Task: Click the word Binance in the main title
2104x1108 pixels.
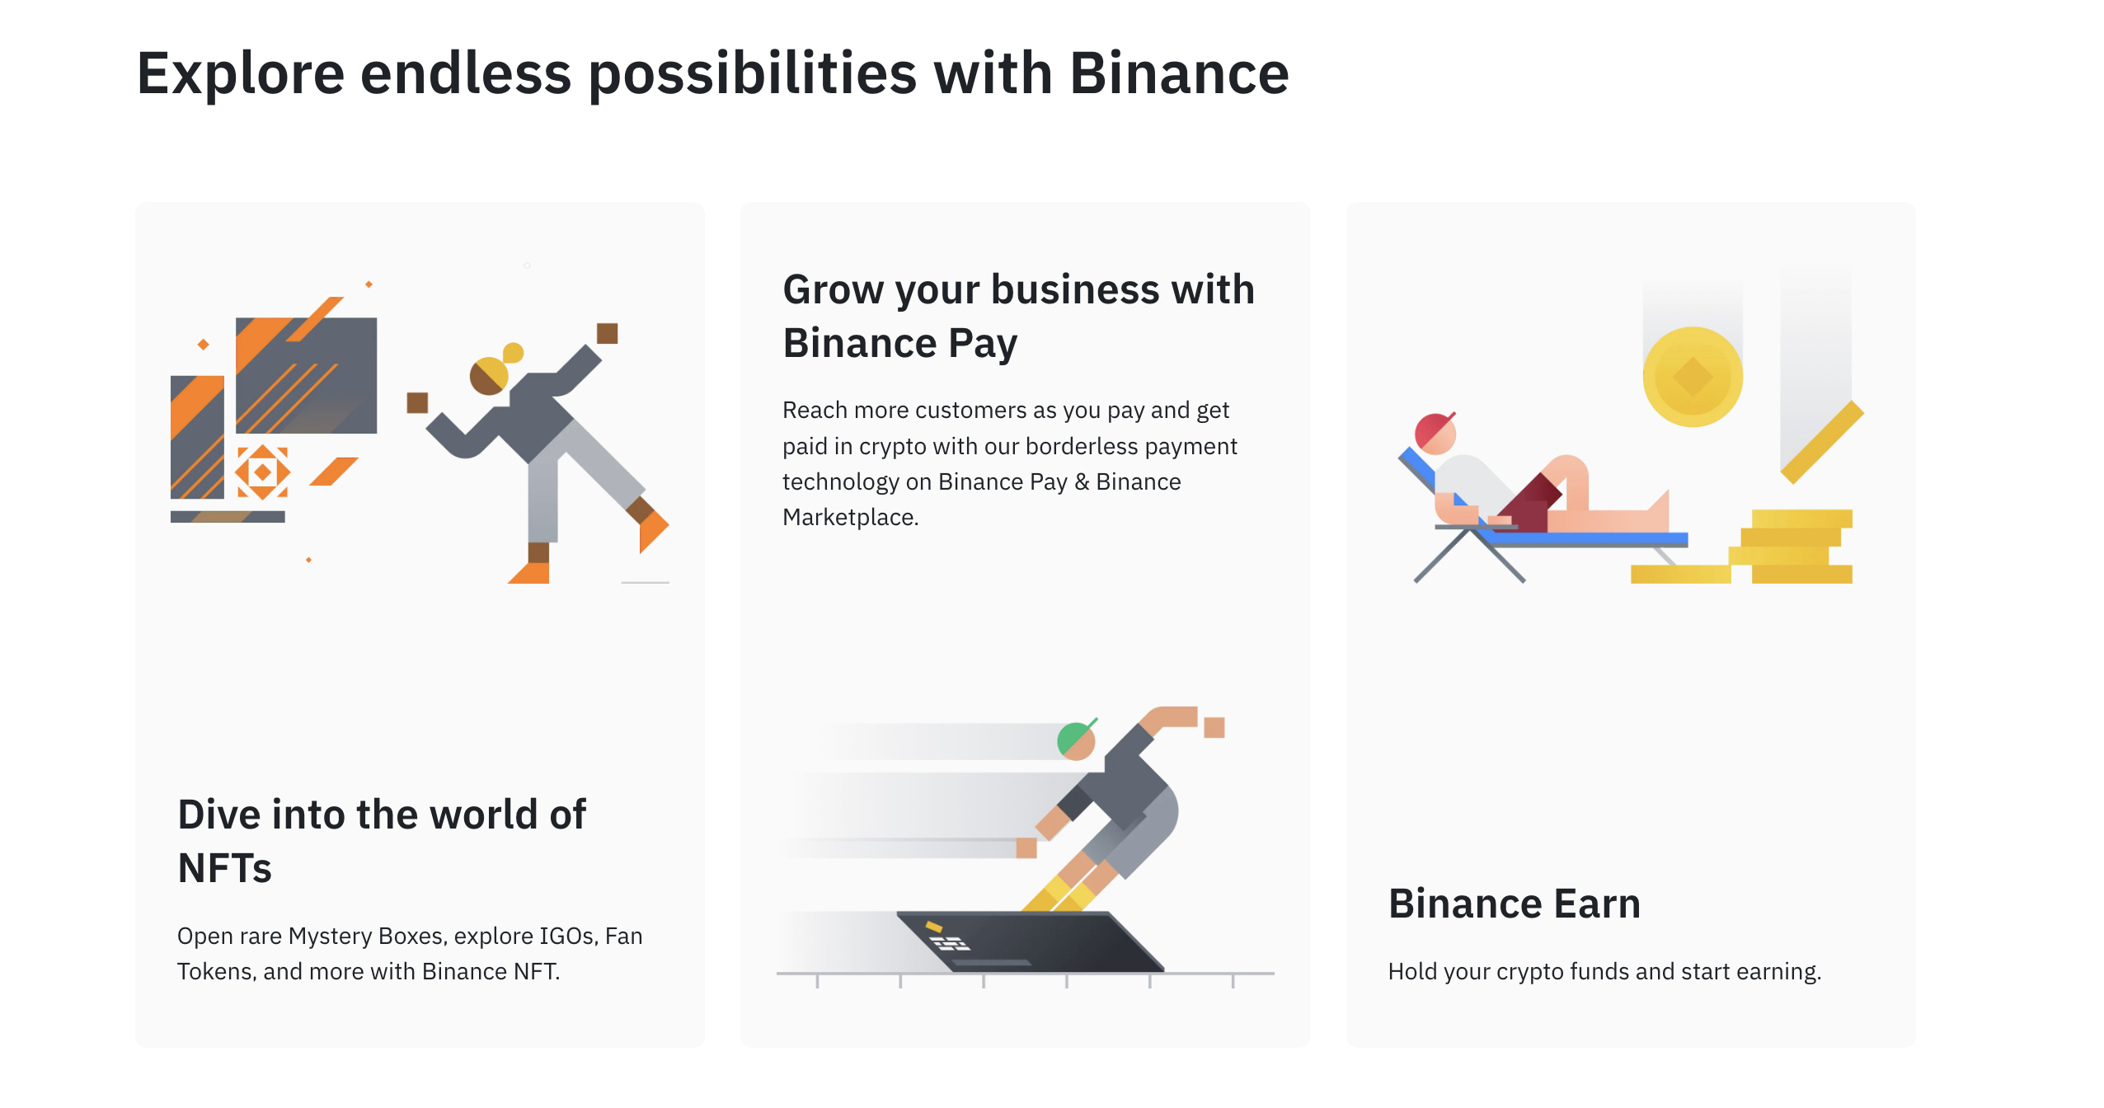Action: click(1179, 73)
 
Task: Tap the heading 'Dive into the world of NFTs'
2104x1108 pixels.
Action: click(382, 841)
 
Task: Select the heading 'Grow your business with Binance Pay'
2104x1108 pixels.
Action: click(1018, 316)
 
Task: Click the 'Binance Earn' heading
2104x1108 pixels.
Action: click(1515, 904)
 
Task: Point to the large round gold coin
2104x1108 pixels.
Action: click(1693, 377)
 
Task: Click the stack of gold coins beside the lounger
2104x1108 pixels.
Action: click(1791, 547)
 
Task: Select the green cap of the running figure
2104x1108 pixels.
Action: click(1074, 738)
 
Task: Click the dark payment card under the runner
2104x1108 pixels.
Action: click(1031, 941)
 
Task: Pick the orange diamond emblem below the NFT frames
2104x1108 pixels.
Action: click(262, 472)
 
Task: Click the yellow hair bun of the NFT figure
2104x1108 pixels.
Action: click(513, 353)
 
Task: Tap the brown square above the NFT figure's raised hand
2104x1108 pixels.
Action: click(608, 333)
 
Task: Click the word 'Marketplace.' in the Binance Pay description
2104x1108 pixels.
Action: click(850, 517)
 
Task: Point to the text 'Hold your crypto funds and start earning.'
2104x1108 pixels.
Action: click(1604, 971)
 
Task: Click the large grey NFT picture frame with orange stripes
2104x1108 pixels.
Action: click(306, 375)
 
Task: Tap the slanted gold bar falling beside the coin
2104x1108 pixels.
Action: click(1822, 442)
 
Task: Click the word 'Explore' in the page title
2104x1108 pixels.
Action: click(240, 73)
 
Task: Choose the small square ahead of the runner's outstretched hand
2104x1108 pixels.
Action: click(1214, 727)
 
